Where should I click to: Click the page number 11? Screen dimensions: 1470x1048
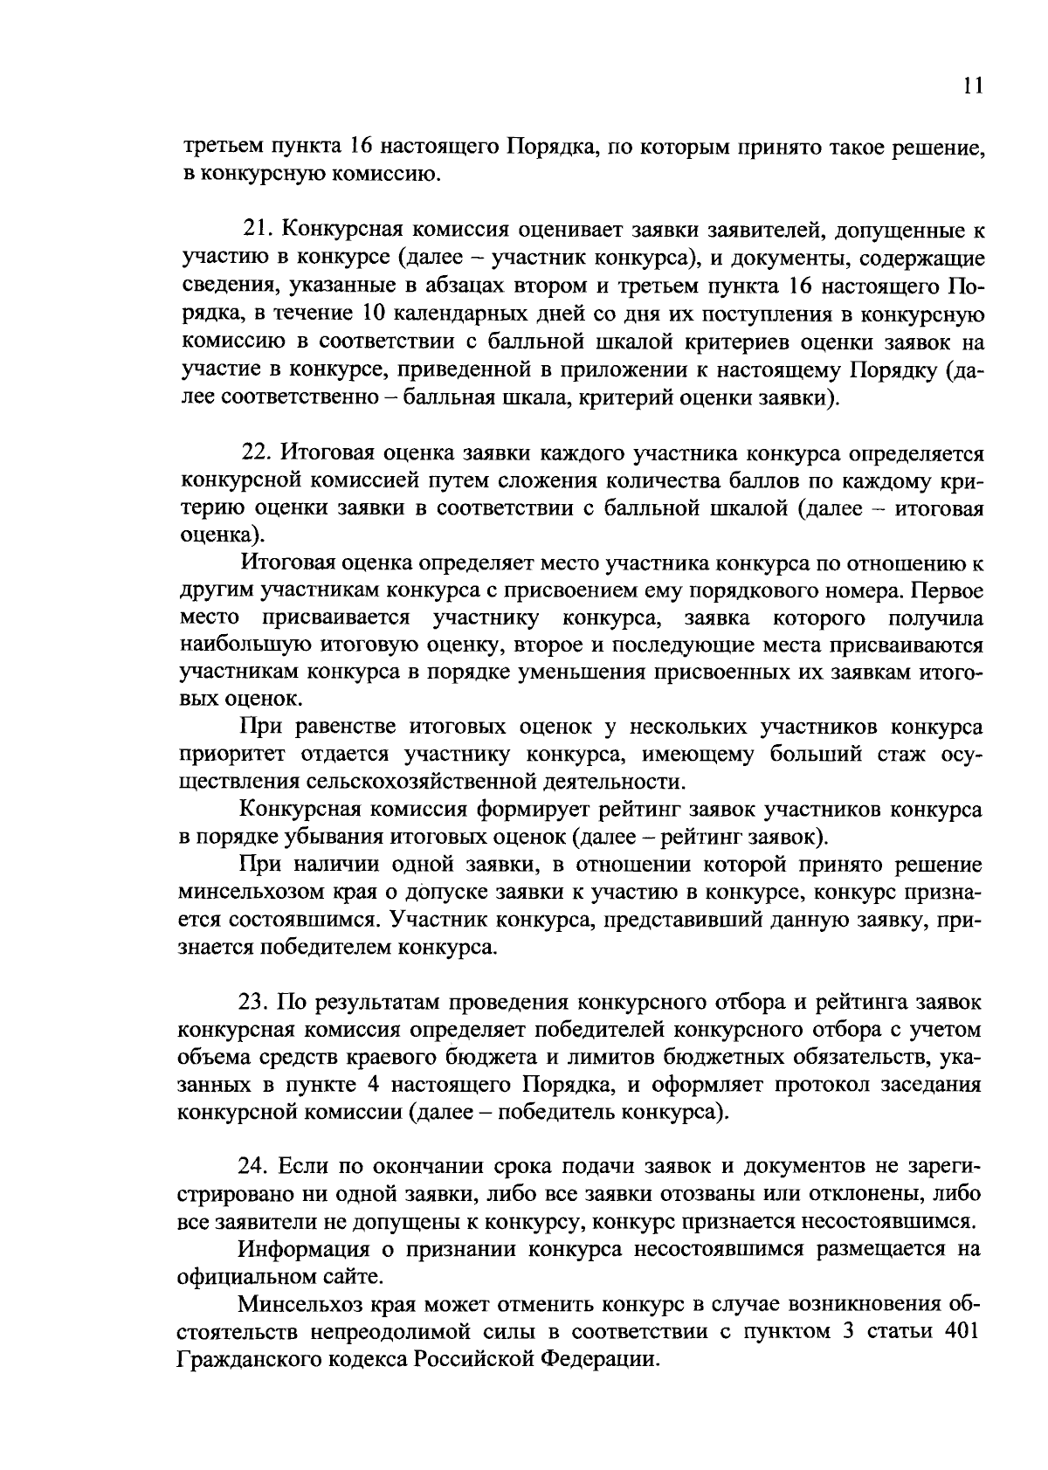pos(974,85)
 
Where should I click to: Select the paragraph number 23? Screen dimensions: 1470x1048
pos(252,1001)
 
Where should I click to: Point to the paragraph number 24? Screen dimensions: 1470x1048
pos(252,1166)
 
